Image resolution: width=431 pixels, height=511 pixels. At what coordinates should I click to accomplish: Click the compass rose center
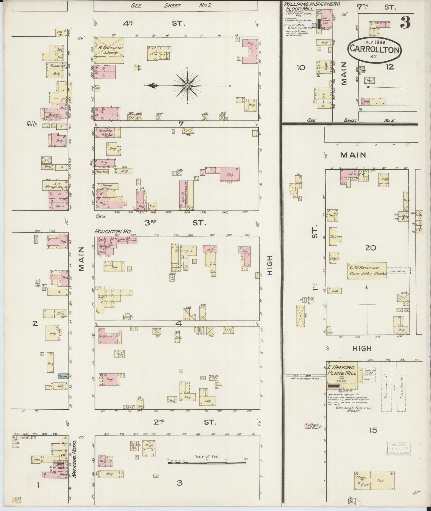pyautogui.click(x=187, y=86)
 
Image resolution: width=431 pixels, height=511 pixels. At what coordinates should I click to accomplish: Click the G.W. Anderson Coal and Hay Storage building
pyautogui.click(x=367, y=271)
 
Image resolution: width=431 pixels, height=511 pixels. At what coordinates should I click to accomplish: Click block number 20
pyautogui.click(x=370, y=248)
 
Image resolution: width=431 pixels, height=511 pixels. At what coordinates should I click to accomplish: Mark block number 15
pyautogui.click(x=373, y=430)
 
